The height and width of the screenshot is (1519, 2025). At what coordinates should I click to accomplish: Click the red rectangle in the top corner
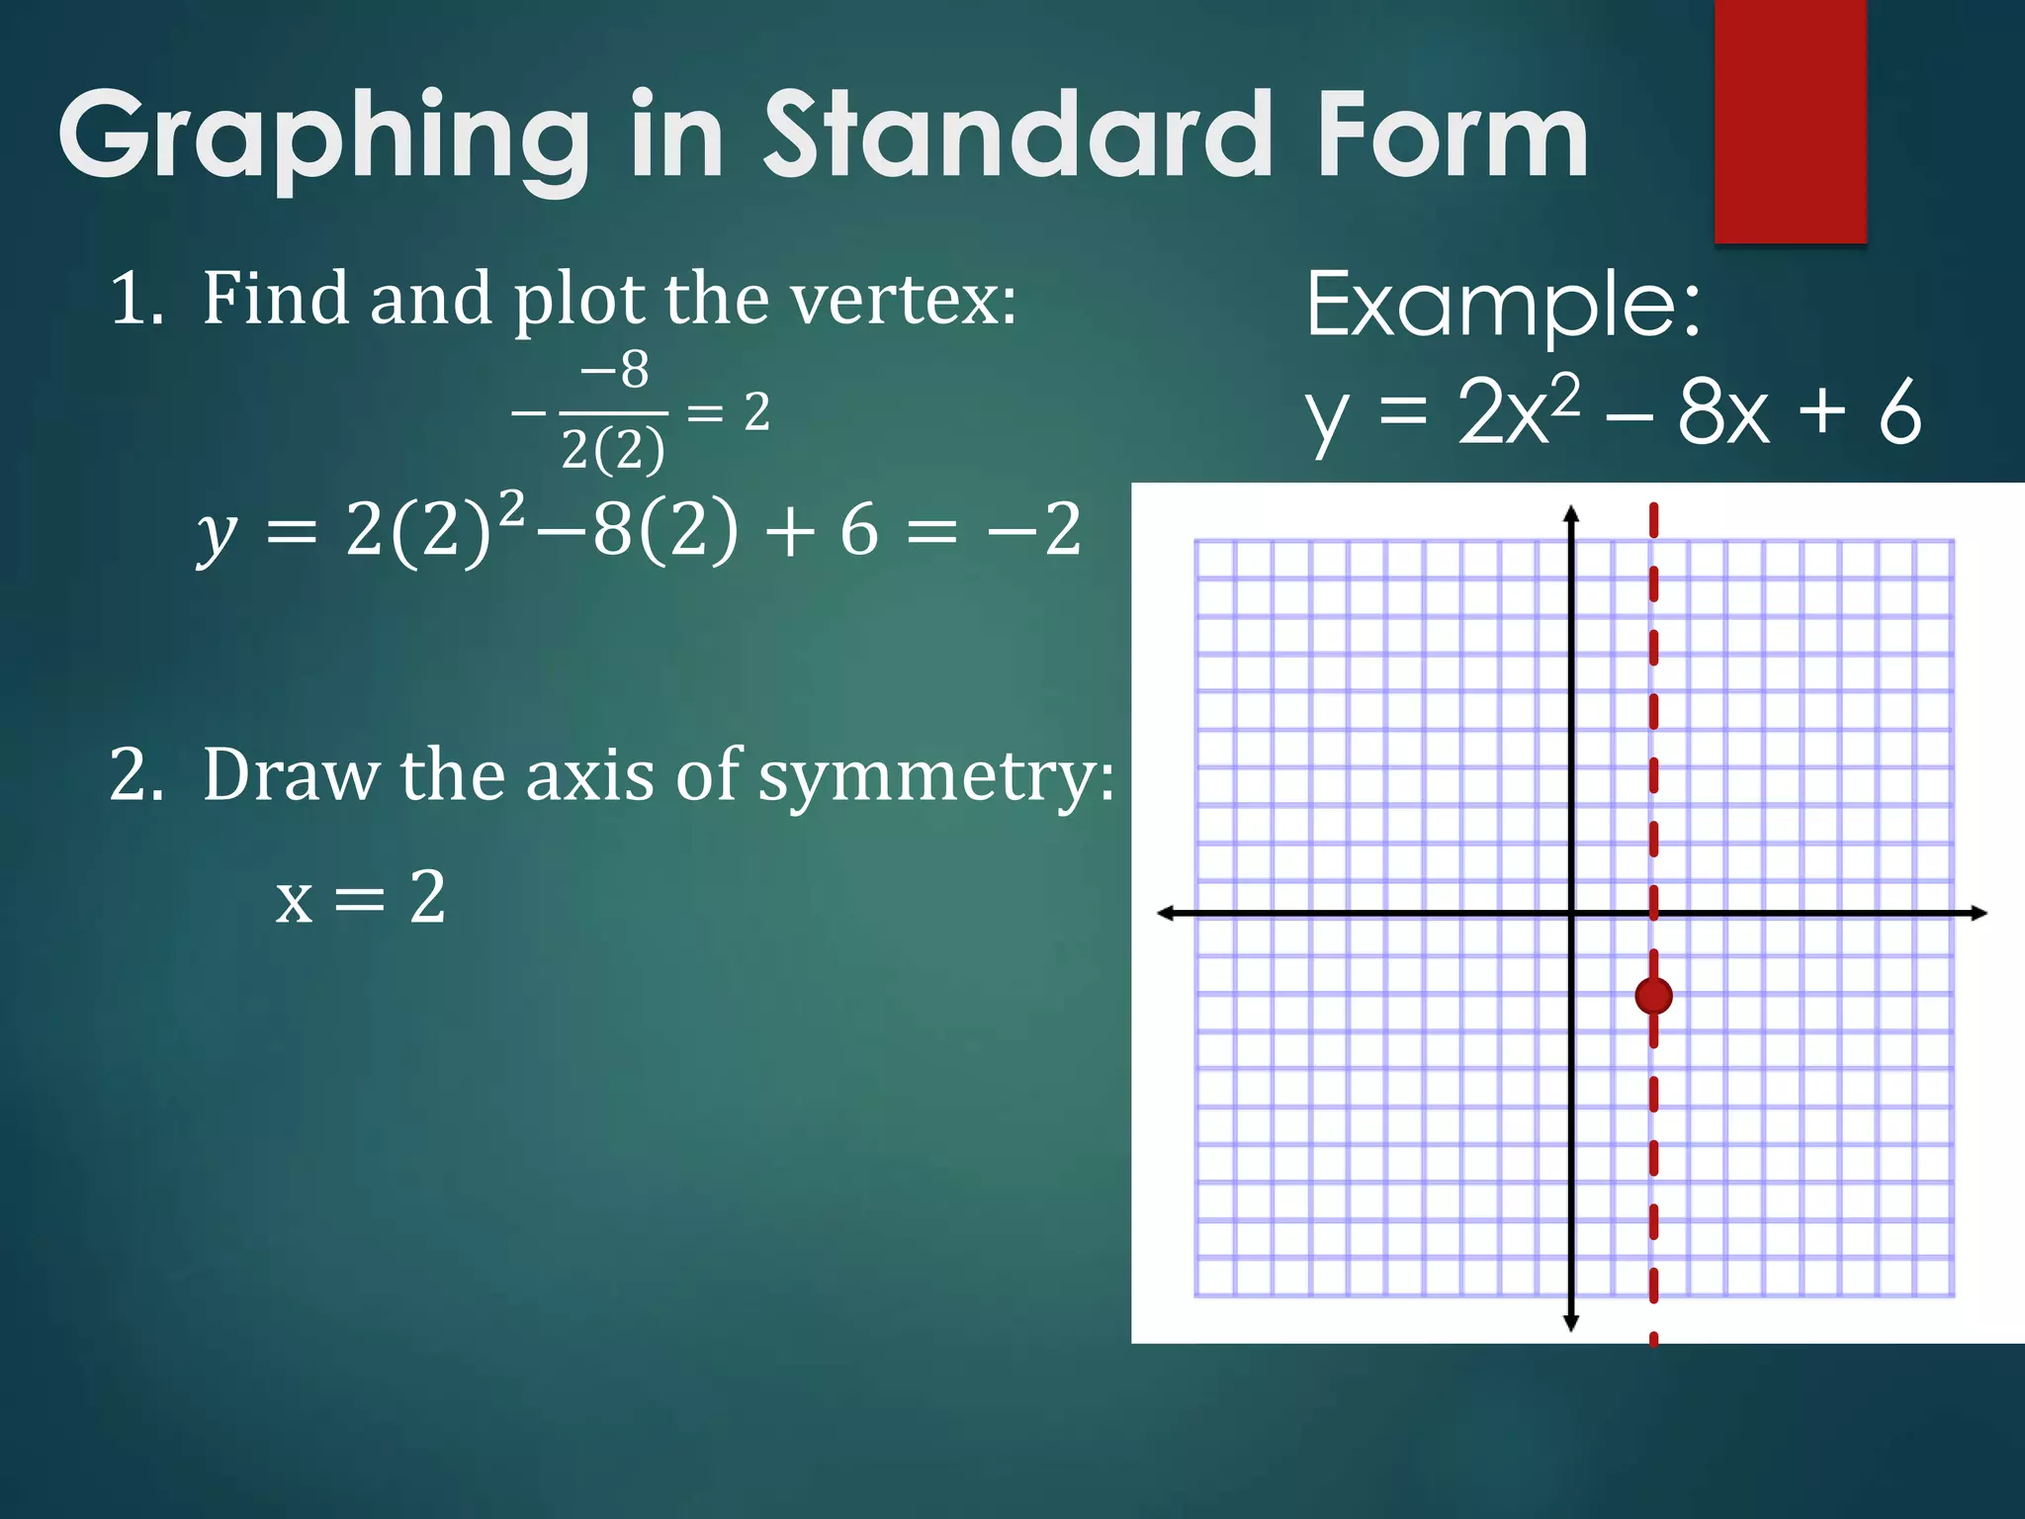tap(1790, 121)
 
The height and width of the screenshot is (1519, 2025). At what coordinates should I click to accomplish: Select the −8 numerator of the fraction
tap(615, 371)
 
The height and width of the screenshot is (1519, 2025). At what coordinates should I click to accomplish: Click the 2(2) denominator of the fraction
tap(613, 450)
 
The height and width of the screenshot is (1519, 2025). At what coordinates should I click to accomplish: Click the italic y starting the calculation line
tap(217, 534)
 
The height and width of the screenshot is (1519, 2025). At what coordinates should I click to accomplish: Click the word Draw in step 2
tap(291, 775)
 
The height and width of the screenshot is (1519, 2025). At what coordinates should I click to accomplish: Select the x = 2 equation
tap(360, 898)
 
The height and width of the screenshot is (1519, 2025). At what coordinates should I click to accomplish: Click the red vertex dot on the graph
tap(1653, 996)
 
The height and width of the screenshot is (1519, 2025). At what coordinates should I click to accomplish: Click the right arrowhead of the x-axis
tap(1979, 913)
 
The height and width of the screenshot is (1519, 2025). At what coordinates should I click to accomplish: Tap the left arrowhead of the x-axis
tap(1166, 913)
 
